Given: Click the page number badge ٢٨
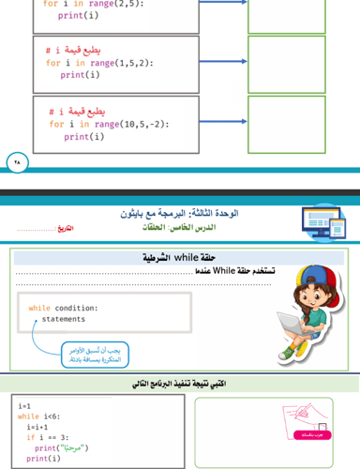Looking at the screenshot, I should pyautogui.click(x=18, y=161).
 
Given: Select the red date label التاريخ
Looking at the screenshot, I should pyautogui.click(x=65, y=229).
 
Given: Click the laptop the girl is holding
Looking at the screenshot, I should pyautogui.click(x=305, y=321).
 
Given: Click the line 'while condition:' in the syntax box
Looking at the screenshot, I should pyautogui.click(x=63, y=308).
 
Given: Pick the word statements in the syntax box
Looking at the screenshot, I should pyautogui.click(x=64, y=319).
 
